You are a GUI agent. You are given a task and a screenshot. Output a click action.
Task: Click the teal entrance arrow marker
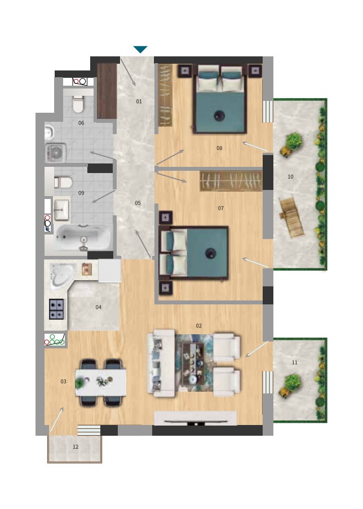(140, 49)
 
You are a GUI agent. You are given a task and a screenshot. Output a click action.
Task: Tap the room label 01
(139, 101)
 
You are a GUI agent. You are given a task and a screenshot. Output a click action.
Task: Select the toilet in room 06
(78, 104)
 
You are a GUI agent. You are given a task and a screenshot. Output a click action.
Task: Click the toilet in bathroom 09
(63, 183)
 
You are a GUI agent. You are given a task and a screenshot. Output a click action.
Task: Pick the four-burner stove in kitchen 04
(56, 309)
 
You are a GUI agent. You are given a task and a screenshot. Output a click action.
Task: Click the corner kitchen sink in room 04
(63, 275)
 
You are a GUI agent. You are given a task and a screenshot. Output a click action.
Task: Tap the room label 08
(219, 148)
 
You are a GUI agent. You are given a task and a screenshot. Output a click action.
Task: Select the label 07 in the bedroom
(221, 209)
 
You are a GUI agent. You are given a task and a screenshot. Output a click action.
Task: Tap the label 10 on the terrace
(290, 177)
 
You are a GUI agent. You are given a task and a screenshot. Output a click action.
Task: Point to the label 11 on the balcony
(294, 362)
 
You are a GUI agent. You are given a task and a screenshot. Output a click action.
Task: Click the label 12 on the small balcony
(76, 447)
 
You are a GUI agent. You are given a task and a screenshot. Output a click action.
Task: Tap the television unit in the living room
(196, 418)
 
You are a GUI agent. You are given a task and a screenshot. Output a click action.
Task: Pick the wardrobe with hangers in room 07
(231, 181)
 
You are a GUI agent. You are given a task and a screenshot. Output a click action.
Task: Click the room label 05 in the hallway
(138, 203)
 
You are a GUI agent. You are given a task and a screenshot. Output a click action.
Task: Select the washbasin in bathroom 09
(61, 209)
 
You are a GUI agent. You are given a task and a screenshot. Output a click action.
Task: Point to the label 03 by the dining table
(63, 382)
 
